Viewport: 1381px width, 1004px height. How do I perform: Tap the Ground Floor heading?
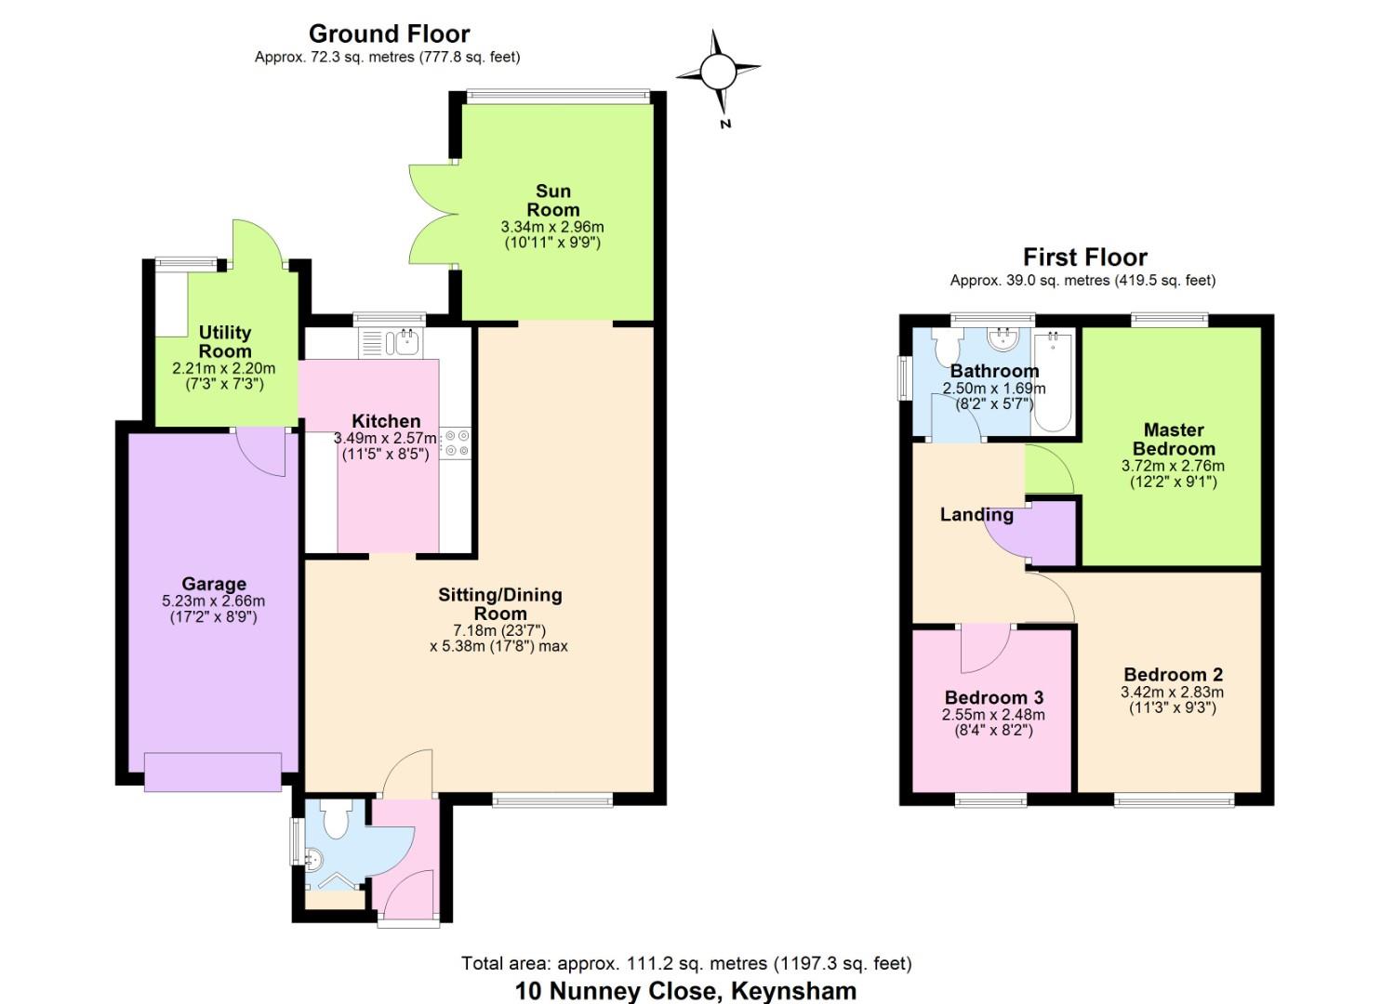click(x=389, y=33)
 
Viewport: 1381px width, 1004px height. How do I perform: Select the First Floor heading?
click(x=1085, y=257)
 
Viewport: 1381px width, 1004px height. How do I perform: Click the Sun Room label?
click(x=553, y=200)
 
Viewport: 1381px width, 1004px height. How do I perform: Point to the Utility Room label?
click(x=225, y=342)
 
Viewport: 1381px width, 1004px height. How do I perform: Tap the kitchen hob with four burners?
click(x=457, y=443)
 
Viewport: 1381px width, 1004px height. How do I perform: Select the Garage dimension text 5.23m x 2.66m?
click(x=214, y=601)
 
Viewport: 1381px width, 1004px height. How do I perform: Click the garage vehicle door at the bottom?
click(x=213, y=772)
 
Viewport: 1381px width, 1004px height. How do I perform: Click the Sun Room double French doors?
click(x=434, y=214)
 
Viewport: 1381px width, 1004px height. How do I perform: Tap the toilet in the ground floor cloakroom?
click(x=336, y=819)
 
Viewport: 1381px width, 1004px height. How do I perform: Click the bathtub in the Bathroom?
click(x=1054, y=382)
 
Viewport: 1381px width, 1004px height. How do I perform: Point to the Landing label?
click(x=976, y=515)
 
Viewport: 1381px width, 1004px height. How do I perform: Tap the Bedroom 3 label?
click(x=994, y=697)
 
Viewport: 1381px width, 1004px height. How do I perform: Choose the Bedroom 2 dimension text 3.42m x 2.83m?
click(x=1172, y=692)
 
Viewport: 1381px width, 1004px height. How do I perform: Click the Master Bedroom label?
click(x=1174, y=439)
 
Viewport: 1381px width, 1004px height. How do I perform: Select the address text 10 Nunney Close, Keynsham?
click(x=685, y=990)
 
